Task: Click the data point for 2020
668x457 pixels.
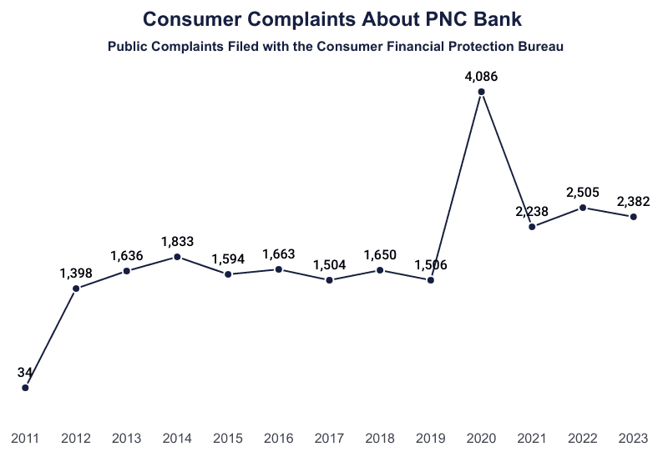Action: click(x=482, y=92)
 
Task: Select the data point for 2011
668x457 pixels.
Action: click(x=26, y=388)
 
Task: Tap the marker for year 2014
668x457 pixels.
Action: click(x=178, y=257)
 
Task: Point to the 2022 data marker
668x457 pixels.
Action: click(x=583, y=208)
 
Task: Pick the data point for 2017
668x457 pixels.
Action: click(x=330, y=280)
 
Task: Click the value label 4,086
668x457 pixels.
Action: click(x=482, y=77)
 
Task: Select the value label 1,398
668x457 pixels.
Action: click(x=76, y=273)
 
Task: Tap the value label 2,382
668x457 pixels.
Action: click(x=633, y=201)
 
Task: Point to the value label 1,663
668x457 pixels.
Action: click(x=279, y=254)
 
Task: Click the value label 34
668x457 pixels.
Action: click(x=25, y=372)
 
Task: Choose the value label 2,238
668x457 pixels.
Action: click(x=532, y=211)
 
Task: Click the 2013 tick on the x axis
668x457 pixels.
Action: click(x=127, y=437)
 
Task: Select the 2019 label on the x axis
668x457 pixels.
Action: click(x=431, y=437)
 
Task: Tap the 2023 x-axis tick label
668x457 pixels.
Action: click(x=633, y=437)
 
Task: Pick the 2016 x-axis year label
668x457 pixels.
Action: click(x=279, y=437)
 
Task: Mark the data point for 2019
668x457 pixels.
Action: click(x=431, y=280)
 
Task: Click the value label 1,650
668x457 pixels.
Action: click(x=380, y=254)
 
